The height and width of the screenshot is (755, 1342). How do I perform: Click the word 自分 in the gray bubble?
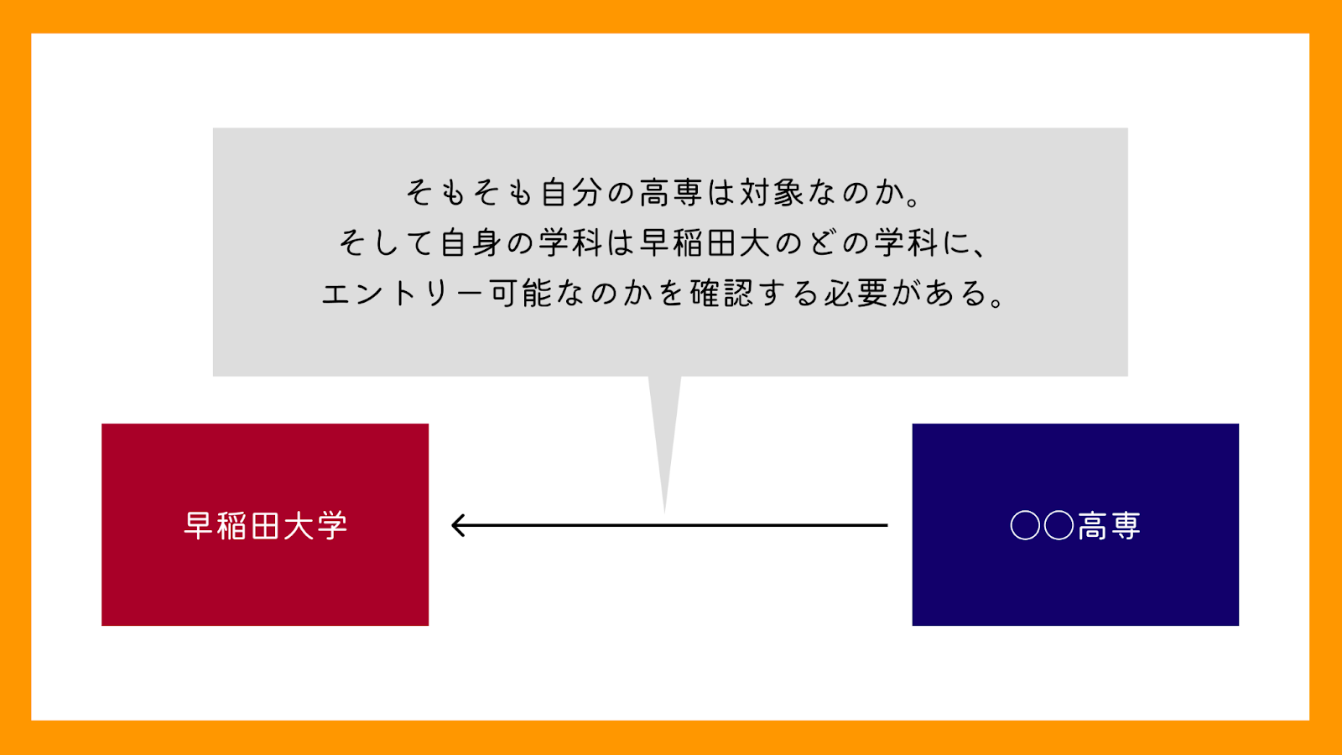coord(571,192)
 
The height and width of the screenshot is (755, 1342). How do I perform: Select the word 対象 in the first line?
coord(771,192)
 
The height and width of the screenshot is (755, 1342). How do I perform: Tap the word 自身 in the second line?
coord(471,242)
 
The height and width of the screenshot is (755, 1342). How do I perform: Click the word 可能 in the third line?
coord(521,294)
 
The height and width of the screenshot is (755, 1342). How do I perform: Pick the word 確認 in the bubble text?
coord(721,294)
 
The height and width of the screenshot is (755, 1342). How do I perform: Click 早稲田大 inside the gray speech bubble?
coord(705,242)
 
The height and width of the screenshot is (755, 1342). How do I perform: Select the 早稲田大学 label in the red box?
coord(265,525)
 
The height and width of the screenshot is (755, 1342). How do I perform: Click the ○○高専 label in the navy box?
coord(1075,525)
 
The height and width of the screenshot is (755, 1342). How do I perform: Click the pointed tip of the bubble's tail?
coord(664,513)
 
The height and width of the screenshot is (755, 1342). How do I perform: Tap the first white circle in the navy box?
coord(1025,525)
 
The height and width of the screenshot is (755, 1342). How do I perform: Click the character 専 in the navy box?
coord(1125,525)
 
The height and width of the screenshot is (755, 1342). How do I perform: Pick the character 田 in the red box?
coord(265,525)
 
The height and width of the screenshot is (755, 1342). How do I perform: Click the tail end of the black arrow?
coord(887,525)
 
